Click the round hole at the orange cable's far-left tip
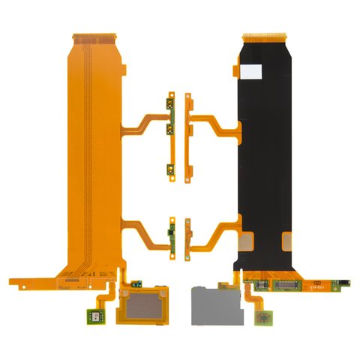tap(13, 283)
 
